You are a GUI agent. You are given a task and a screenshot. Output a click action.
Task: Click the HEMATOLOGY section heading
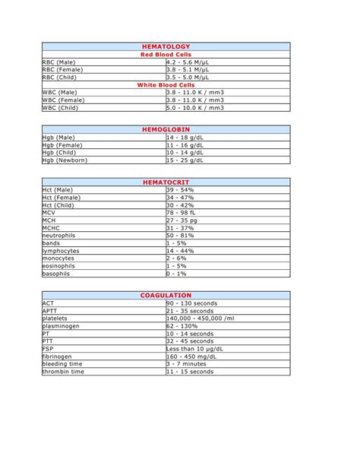pyautogui.click(x=166, y=46)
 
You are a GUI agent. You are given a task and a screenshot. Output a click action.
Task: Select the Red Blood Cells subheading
pyautogui.click(x=166, y=54)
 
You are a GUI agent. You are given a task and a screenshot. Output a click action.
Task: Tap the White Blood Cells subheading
pyautogui.click(x=166, y=84)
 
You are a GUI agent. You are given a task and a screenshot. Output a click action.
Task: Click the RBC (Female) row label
pyautogui.click(x=63, y=69)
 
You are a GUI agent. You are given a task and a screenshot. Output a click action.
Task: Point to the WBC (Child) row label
pyautogui.click(x=60, y=107)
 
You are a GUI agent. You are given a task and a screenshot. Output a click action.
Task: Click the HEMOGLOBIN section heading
pyautogui.click(x=166, y=130)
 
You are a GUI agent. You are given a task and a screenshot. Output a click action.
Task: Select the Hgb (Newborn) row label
pyautogui.click(x=65, y=160)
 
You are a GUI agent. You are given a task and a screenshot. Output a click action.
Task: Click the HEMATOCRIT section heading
pyautogui.click(x=166, y=182)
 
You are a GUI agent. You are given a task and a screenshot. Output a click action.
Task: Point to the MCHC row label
pyautogui.click(x=51, y=227)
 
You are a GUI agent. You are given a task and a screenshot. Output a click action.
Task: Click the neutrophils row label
pyautogui.click(x=59, y=235)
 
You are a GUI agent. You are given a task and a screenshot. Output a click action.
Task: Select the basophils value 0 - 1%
pyautogui.click(x=178, y=273)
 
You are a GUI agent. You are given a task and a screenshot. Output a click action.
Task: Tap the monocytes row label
pyautogui.click(x=58, y=258)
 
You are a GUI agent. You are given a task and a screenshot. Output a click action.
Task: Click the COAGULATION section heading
pyautogui.click(x=166, y=295)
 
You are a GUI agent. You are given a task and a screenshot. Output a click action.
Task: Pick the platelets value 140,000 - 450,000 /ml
pyautogui.click(x=201, y=318)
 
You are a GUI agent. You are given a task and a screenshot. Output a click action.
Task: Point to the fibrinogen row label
pyautogui.click(x=58, y=356)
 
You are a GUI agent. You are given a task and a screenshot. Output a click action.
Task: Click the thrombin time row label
pyautogui.click(x=63, y=371)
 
